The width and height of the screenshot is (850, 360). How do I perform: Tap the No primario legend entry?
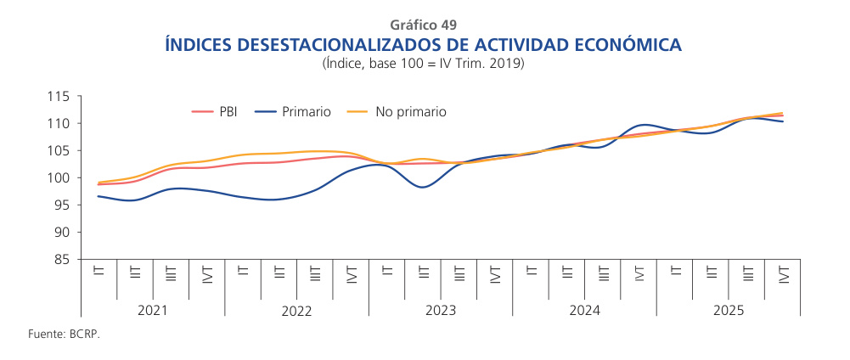tap(410, 111)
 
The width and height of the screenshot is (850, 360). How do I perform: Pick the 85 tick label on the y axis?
tap(61, 260)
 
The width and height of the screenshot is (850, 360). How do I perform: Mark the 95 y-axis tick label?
tap(61, 205)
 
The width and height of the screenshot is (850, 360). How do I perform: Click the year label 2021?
tap(152, 311)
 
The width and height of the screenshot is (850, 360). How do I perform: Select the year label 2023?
tap(440, 311)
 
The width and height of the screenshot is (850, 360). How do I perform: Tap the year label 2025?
tap(729, 311)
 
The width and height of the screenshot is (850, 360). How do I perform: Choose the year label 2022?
tap(296, 311)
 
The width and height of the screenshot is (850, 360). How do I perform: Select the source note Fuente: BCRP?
tap(64, 335)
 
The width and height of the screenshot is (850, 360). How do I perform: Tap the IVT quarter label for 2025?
tap(783, 274)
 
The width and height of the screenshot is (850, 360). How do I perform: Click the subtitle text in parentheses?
tap(424, 64)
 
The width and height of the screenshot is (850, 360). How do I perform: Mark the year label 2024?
tap(584, 311)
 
